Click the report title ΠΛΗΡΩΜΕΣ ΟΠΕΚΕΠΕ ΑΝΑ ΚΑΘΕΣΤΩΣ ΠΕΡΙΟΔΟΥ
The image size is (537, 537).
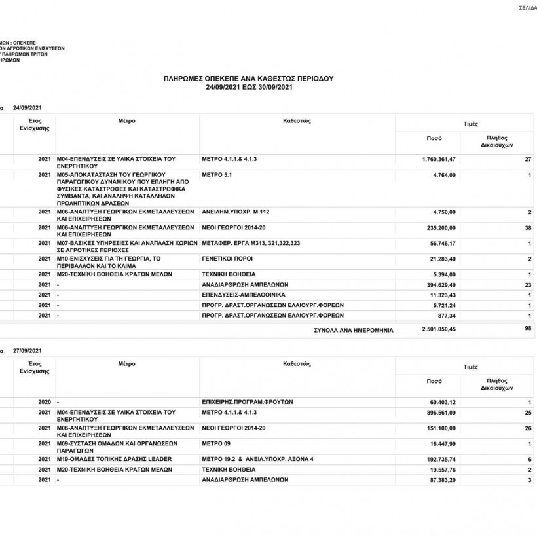point(248,78)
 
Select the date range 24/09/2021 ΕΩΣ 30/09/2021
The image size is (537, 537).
point(248,87)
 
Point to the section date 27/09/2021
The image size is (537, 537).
point(28,350)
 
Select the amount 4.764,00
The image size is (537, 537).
point(443,175)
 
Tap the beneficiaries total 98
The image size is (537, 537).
point(527,327)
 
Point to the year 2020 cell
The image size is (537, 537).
point(45,401)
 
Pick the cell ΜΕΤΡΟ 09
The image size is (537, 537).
point(217,443)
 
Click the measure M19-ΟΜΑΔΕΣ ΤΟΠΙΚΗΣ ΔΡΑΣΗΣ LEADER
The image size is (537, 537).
point(115,459)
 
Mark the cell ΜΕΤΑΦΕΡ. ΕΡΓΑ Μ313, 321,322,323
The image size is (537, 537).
point(251,243)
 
